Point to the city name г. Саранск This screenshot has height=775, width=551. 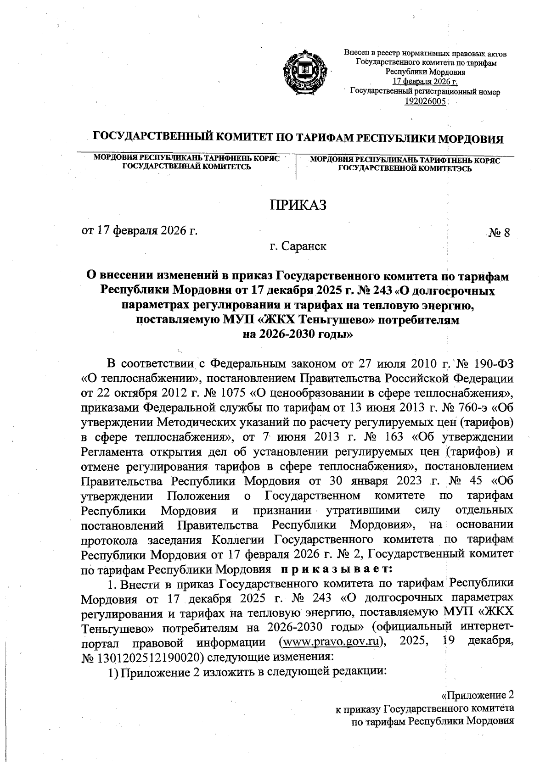(298, 246)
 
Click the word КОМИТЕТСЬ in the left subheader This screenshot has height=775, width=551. (225, 166)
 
